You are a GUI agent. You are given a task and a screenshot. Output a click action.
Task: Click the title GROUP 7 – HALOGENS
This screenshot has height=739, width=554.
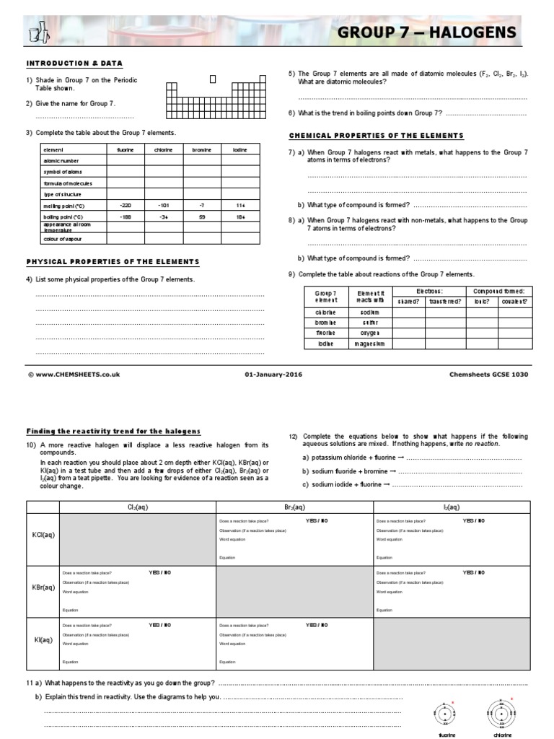tap(427, 32)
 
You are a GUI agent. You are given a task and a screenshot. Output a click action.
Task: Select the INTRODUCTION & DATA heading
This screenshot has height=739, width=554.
tap(75, 64)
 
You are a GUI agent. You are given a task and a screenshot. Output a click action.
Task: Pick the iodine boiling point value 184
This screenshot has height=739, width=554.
tap(240, 217)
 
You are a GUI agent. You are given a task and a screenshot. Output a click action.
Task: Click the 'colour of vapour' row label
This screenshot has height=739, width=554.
tap(63, 239)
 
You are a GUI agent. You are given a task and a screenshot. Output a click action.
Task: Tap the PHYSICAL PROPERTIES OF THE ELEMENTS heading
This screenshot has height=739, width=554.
tap(113, 261)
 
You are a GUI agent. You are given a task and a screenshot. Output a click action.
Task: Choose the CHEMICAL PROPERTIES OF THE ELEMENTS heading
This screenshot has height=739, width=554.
tap(376, 136)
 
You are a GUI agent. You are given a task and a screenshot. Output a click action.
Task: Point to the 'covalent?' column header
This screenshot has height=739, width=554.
tap(514, 301)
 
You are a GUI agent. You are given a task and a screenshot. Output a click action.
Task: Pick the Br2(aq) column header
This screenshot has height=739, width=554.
tap(294, 507)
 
